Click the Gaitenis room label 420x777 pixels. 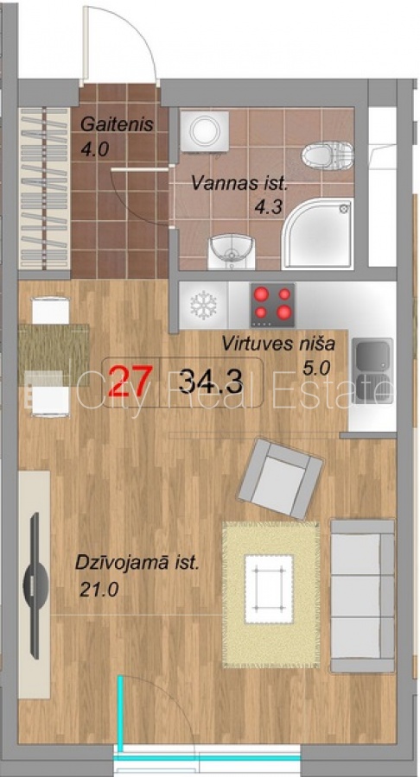[117, 124]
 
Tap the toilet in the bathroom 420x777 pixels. [328, 155]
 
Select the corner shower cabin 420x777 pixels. [317, 233]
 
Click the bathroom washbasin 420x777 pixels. [231, 251]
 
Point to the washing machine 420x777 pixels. [204, 131]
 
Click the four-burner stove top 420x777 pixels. [273, 305]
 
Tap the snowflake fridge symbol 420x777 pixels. [204, 305]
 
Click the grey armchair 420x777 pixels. [280, 479]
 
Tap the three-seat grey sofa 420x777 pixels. [362, 596]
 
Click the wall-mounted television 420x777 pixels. [35, 584]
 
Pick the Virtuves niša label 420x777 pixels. [278, 344]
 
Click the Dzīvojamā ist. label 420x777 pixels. [137, 565]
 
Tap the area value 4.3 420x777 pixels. [269, 207]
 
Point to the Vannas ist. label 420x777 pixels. [240, 184]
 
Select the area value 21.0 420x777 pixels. [99, 590]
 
